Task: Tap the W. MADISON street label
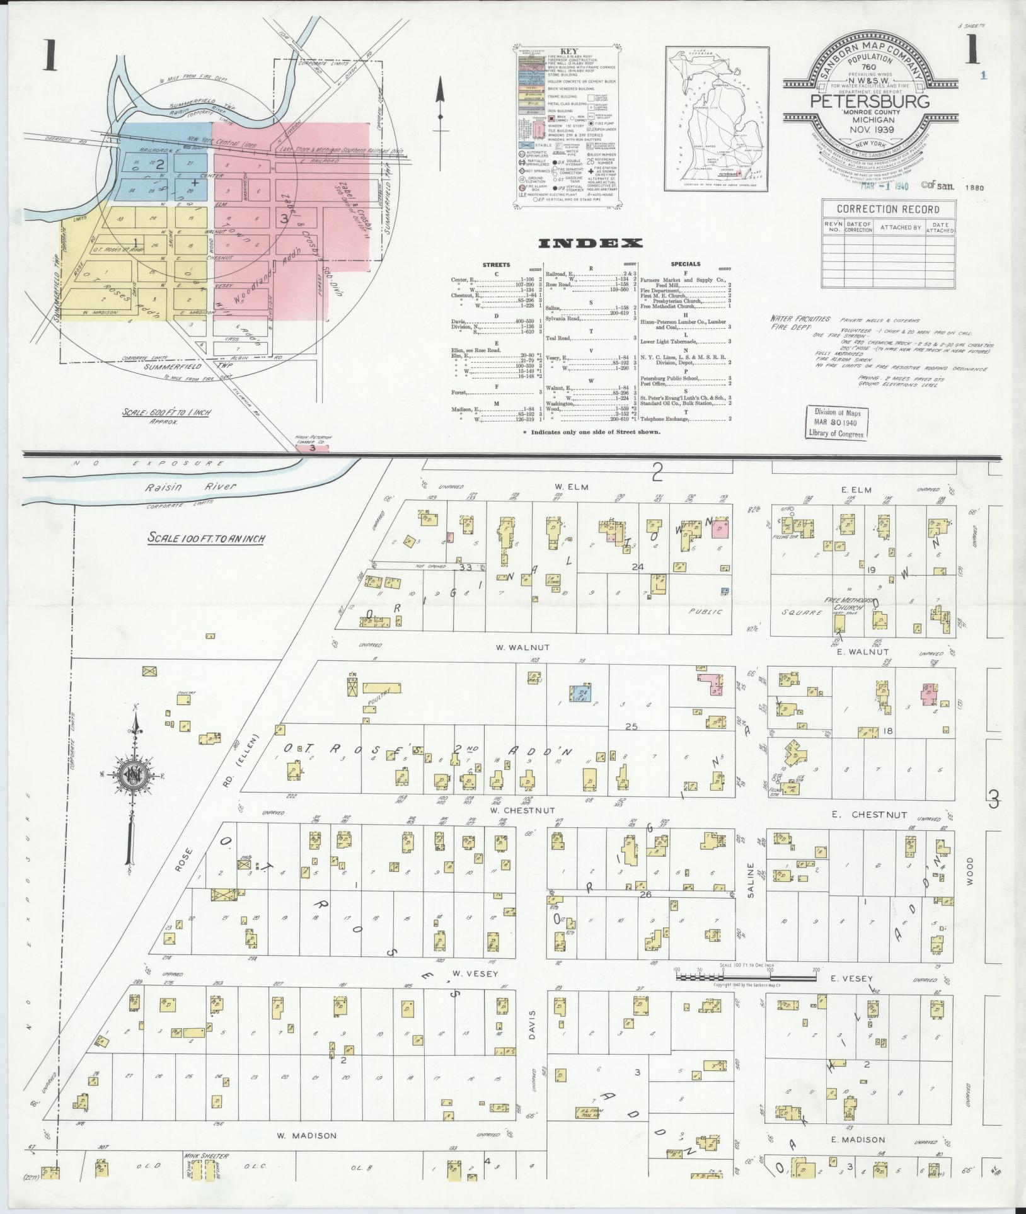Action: click(x=307, y=1135)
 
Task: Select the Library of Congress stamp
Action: click(x=837, y=423)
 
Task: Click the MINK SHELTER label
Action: click(x=206, y=1157)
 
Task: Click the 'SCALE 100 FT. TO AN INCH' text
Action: click(x=207, y=538)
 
